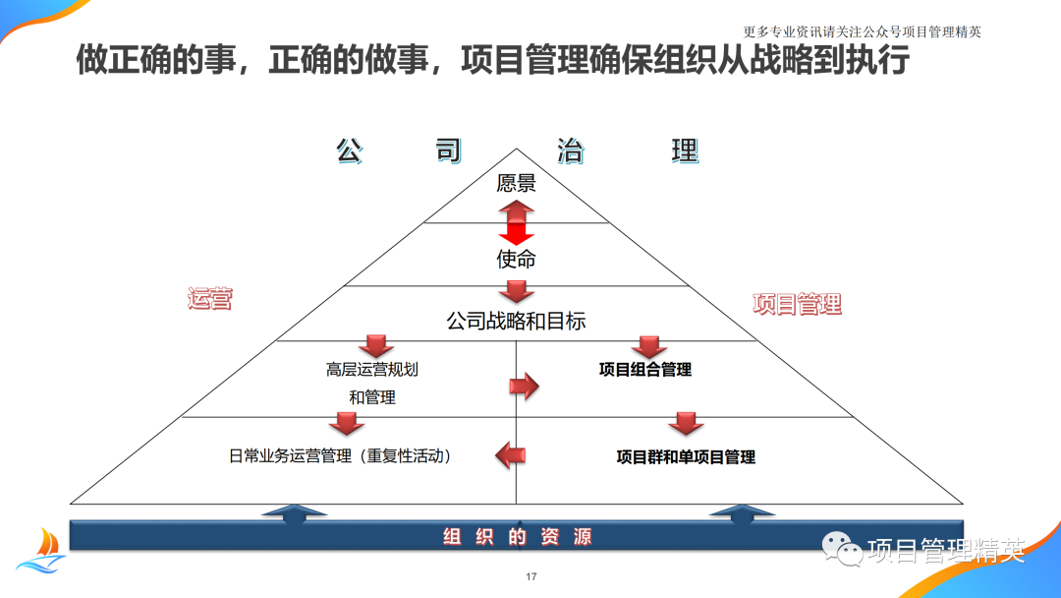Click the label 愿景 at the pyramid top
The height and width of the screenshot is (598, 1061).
(x=516, y=183)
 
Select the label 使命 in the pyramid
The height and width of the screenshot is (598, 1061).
(x=516, y=260)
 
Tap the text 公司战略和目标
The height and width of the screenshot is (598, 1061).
(x=516, y=321)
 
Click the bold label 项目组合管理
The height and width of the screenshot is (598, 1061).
(x=645, y=370)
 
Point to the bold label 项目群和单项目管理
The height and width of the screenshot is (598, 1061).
(x=686, y=456)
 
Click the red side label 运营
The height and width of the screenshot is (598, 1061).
(x=209, y=300)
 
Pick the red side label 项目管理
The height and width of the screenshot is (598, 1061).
(x=797, y=304)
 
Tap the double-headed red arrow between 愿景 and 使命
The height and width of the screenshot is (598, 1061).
(x=516, y=222)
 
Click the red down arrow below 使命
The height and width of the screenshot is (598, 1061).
(x=516, y=291)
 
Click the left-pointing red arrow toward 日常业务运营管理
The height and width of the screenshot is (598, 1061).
(x=510, y=454)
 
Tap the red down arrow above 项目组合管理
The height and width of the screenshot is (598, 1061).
(x=648, y=347)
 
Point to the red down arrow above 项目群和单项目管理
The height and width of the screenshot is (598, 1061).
(x=686, y=424)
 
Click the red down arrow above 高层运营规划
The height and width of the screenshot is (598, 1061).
(x=375, y=346)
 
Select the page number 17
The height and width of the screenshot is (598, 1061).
(x=531, y=576)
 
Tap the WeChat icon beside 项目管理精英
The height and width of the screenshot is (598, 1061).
(x=842, y=551)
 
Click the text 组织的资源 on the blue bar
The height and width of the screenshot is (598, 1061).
(x=517, y=537)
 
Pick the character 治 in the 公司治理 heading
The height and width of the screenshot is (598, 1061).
(x=570, y=150)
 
